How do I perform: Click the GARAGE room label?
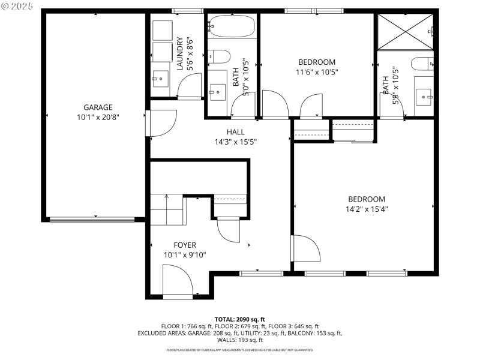point(98,107)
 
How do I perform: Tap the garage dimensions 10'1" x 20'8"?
point(98,118)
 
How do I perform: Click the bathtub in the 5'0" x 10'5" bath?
point(232,26)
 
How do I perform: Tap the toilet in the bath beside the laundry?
point(220,58)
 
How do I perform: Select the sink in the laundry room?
point(160,76)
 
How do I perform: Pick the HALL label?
point(235,132)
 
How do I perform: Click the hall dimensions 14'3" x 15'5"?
point(235,142)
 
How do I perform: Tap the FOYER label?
point(185,245)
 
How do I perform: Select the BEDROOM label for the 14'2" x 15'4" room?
point(367,199)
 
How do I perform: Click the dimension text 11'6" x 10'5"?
point(317,72)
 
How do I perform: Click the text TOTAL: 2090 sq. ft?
point(240,319)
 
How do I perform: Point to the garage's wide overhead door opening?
point(92,220)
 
